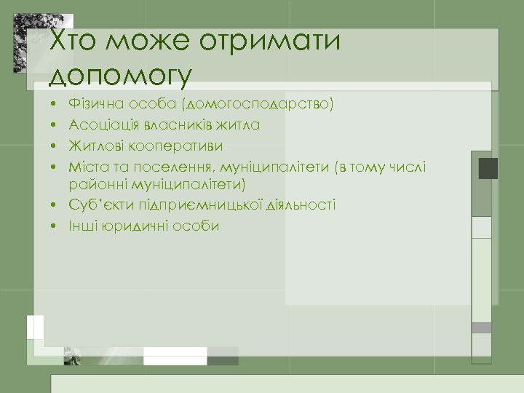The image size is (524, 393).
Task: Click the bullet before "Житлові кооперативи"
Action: [x=55, y=147]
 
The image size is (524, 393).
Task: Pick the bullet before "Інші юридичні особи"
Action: [x=55, y=226]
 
